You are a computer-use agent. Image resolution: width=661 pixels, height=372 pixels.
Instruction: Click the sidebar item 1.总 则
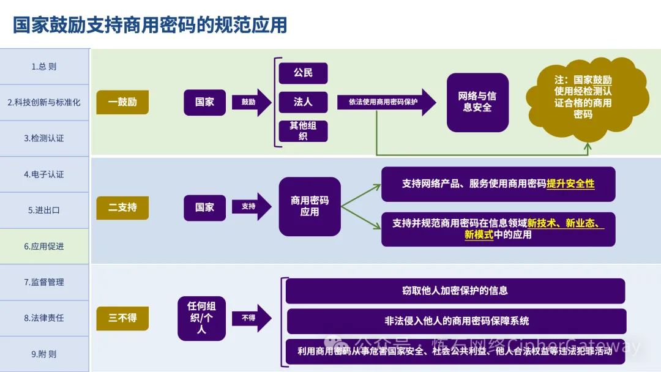click(44, 67)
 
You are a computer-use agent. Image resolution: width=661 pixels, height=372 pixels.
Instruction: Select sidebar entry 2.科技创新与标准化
click(44, 102)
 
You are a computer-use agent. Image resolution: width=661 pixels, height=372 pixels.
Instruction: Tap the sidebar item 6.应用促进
click(44, 246)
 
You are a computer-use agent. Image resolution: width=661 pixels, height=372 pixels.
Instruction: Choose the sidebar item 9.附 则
click(44, 354)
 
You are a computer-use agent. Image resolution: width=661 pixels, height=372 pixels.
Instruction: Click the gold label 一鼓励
click(122, 102)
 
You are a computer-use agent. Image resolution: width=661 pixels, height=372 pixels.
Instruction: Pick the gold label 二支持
click(122, 207)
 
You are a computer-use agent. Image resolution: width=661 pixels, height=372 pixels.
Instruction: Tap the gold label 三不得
click(122, 318)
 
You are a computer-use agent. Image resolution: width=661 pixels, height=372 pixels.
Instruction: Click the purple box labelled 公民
click(303, 73)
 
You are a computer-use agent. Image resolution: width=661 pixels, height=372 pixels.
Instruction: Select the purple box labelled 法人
click(303, 102)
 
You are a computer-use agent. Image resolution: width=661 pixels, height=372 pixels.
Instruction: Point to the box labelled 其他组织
click(303, 131)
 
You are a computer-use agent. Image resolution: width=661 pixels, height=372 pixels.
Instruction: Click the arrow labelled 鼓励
click(250, 102)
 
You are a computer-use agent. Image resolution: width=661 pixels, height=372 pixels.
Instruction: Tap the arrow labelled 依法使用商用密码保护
click(386, 102)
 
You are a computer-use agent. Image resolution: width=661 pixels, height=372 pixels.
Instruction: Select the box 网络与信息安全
click(477, 102)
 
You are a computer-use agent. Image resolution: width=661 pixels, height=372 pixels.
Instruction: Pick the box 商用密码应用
click(310, 206)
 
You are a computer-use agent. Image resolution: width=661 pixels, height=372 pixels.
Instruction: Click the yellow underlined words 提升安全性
click(570, 184)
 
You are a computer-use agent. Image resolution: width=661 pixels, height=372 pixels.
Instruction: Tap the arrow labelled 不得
click(250, 318)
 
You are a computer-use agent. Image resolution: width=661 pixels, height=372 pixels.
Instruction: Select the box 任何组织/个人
click(201, 318)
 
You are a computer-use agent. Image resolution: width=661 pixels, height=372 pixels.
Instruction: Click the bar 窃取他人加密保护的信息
click(455, 291)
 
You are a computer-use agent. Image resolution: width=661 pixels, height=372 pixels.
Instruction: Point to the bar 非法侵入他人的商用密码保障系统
click(456, 321)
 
